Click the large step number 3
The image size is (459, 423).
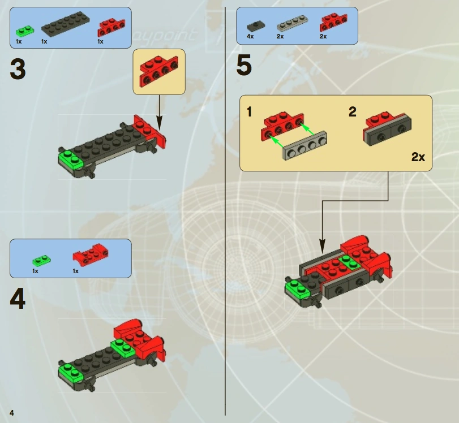coord(18,69)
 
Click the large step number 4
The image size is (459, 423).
coord(18,299)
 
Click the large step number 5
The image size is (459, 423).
coord(244,66)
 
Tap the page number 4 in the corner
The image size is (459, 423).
coord(12,413)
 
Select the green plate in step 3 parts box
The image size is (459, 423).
coord(25,31)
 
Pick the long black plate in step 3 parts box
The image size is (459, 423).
coord(66,24)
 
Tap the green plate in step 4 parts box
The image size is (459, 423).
coord(41,260)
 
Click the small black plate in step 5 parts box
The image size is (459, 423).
coord(256,27)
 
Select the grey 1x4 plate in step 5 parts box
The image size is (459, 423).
coord(292,24)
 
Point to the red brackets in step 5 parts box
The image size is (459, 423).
coord(334,22)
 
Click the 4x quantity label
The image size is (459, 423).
coord(250,36)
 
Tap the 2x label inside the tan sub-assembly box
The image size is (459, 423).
coord(418,157)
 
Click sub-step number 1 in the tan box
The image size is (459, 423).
coord(249,112)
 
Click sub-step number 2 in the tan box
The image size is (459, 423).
coord(353,112)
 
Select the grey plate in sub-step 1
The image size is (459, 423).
coord(304,146)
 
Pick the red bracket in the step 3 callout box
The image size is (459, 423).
coord(159,71)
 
